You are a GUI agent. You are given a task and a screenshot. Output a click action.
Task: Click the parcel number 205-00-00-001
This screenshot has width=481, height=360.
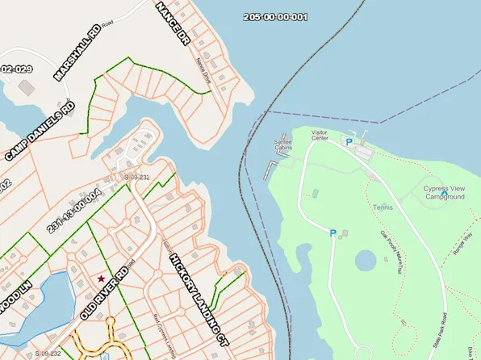click(274, 17)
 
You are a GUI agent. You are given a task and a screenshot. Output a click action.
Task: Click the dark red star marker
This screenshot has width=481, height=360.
click(101, 278)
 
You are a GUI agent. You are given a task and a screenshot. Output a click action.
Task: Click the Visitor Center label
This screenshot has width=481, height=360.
click(319, 135)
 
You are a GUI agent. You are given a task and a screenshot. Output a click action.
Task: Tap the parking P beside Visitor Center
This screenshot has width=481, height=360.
click(349, 142)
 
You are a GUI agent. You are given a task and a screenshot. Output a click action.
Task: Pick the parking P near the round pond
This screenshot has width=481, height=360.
click(333, 232)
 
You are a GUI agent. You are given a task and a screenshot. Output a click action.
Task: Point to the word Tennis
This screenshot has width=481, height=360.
click(383, 207)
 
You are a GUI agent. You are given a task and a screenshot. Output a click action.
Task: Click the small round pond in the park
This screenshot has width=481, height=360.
click(366, 261)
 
